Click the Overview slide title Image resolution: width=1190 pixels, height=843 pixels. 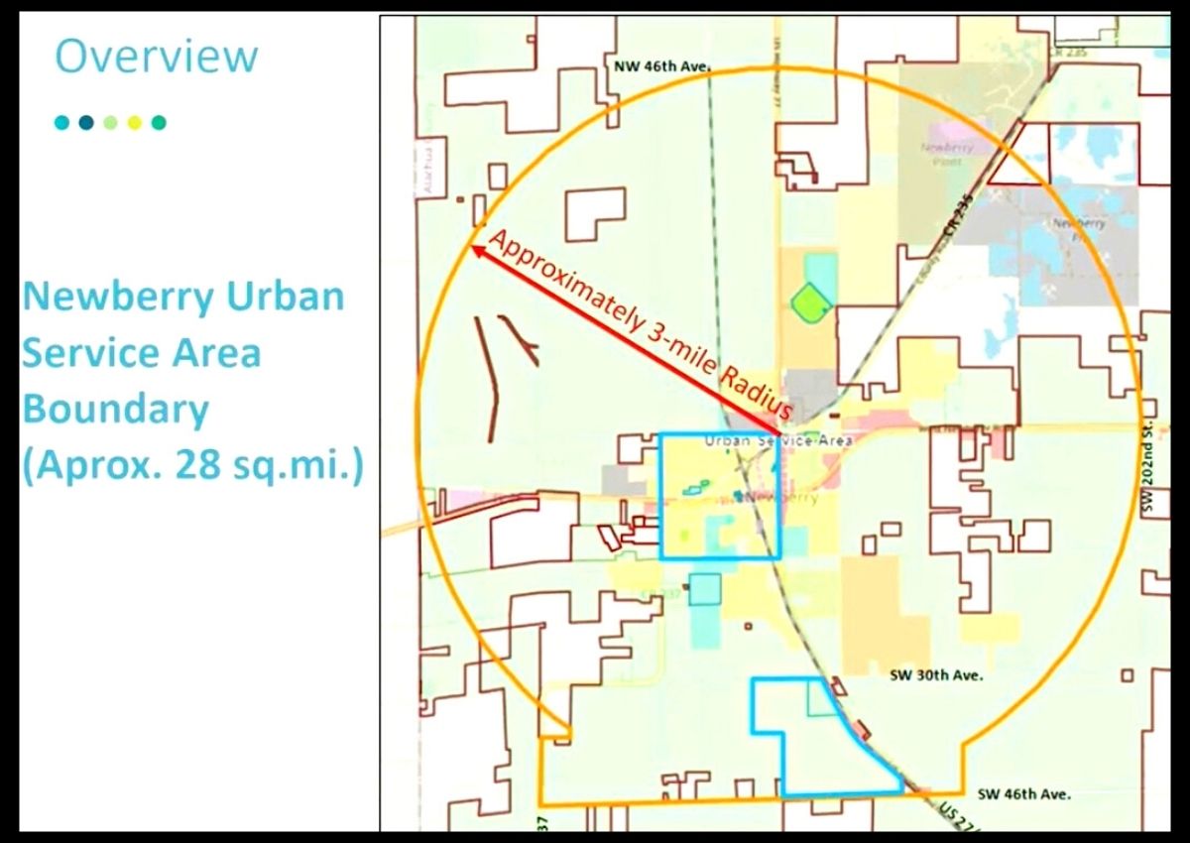coord(156,57)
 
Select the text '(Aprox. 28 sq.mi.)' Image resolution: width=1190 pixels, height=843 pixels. coord(192,465)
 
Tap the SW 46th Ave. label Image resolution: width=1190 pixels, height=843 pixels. coord(1024,793)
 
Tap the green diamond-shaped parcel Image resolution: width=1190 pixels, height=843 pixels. coord(810,301)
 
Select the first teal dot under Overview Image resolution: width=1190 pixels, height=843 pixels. coord(62,123)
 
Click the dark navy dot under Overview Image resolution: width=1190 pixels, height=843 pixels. coord(86,123)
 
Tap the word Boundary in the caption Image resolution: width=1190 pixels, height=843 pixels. coord(115,409)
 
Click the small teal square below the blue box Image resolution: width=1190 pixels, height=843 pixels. coord(704,589)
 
